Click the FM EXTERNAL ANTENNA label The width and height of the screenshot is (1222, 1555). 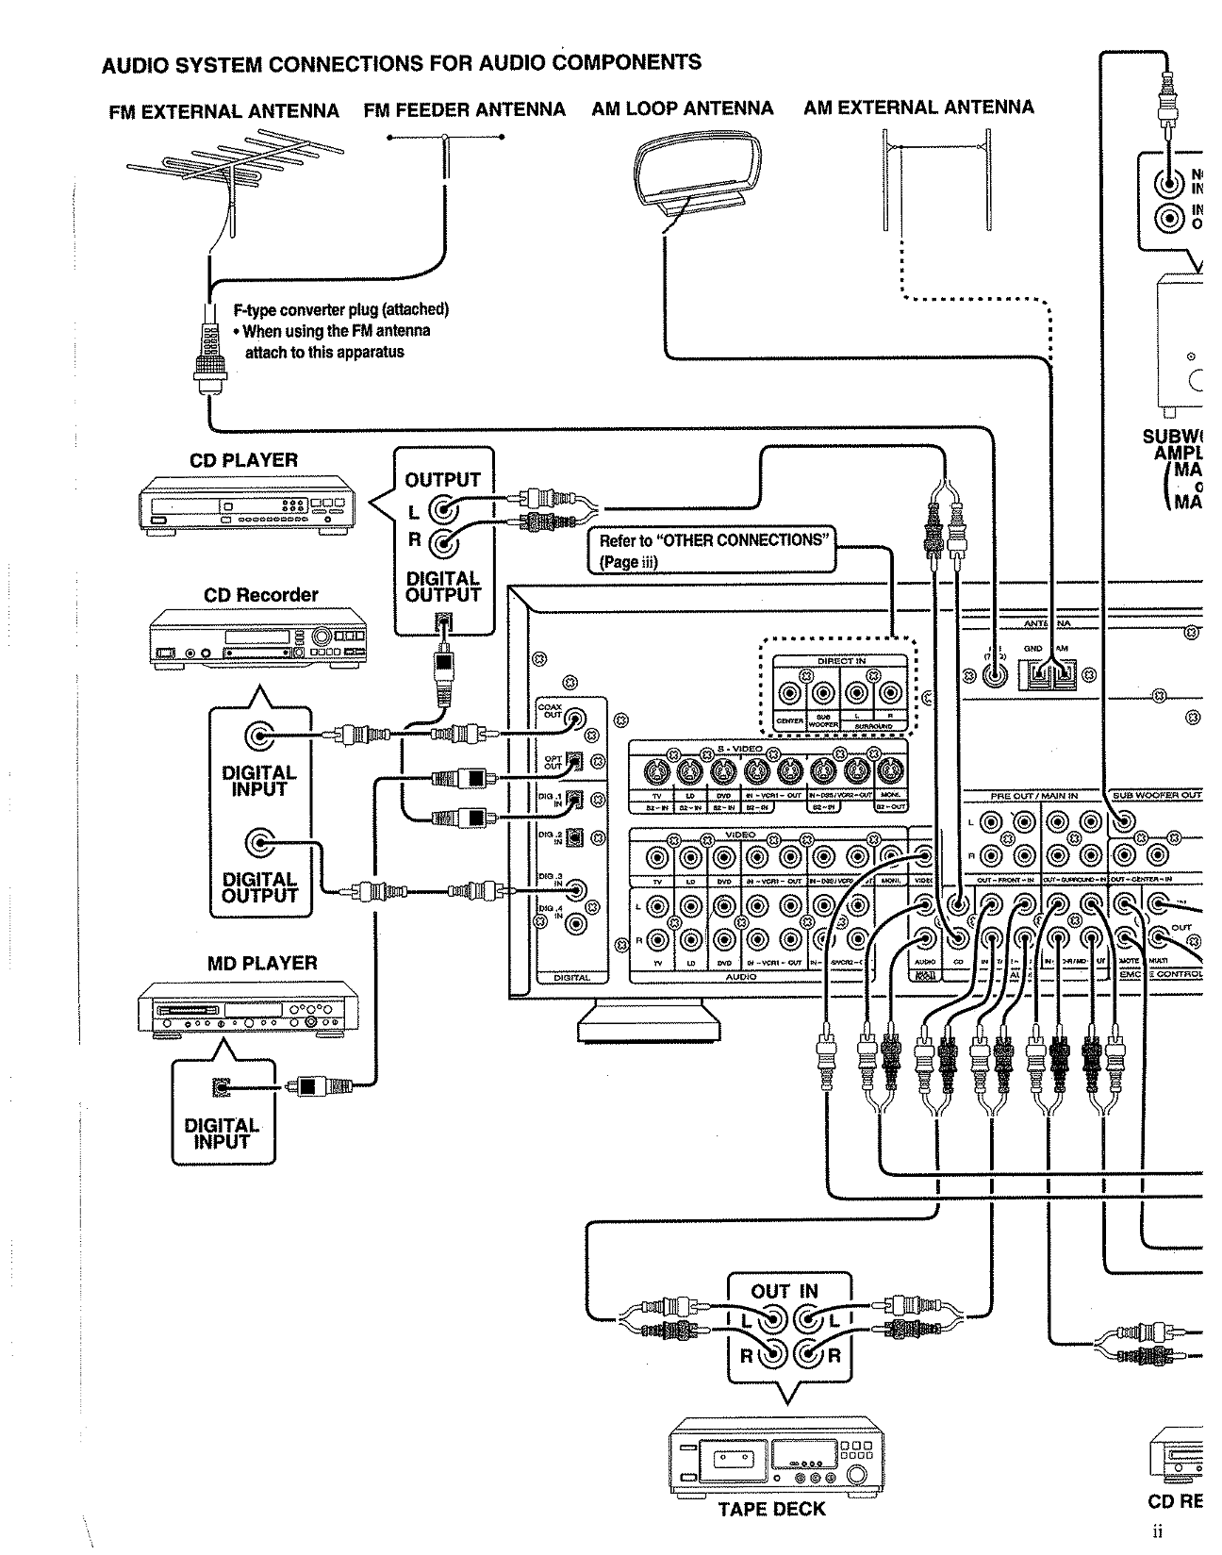(223, 111)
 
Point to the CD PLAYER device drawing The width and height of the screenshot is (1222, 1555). (250, 507)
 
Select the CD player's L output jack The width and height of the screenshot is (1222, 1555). (443, 512)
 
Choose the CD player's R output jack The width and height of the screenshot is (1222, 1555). (443, 542)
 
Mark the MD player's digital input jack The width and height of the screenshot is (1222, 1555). (222, 1086)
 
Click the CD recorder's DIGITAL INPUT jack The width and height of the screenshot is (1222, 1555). (259, 736)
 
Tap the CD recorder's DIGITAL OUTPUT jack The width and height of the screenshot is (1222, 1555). (259, 842)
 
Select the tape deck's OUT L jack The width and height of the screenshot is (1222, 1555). (773, 1317)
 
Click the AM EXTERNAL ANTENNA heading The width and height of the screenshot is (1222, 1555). (918, 108)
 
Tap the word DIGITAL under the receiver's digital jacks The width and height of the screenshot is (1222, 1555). (571, 978)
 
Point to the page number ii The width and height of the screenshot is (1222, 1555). (1158, 1532)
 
